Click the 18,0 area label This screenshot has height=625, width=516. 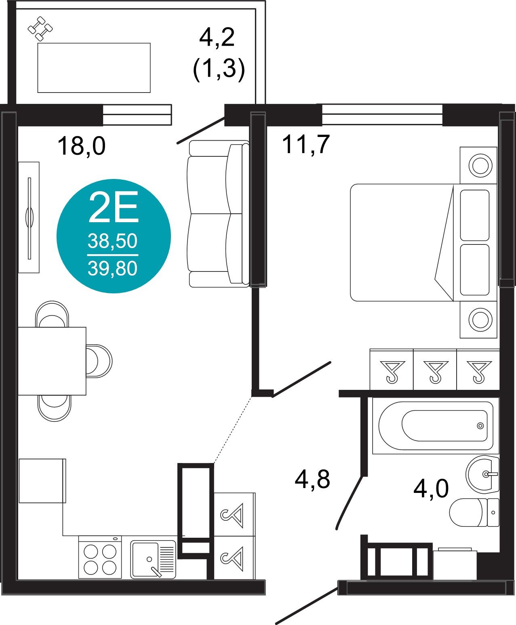82,146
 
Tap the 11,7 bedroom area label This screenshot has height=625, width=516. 306,144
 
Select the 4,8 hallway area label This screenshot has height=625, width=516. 312,479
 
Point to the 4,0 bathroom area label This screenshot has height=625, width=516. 431,488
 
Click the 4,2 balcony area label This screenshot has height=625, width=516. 217,38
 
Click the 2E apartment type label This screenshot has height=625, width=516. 114,207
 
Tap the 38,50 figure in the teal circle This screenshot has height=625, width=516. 113,241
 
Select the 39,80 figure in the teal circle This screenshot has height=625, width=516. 113,269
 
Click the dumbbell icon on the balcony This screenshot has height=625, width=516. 40,29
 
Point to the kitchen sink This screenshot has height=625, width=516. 153,559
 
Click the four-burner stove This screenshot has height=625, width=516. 100,557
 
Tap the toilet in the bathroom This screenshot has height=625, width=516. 474,512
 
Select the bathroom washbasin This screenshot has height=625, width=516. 482,474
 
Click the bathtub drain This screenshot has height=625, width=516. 480,426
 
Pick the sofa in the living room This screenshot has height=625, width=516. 218,214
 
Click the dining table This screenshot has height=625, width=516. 52,361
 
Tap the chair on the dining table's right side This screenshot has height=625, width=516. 99,361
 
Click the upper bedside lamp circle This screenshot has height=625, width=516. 480,165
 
